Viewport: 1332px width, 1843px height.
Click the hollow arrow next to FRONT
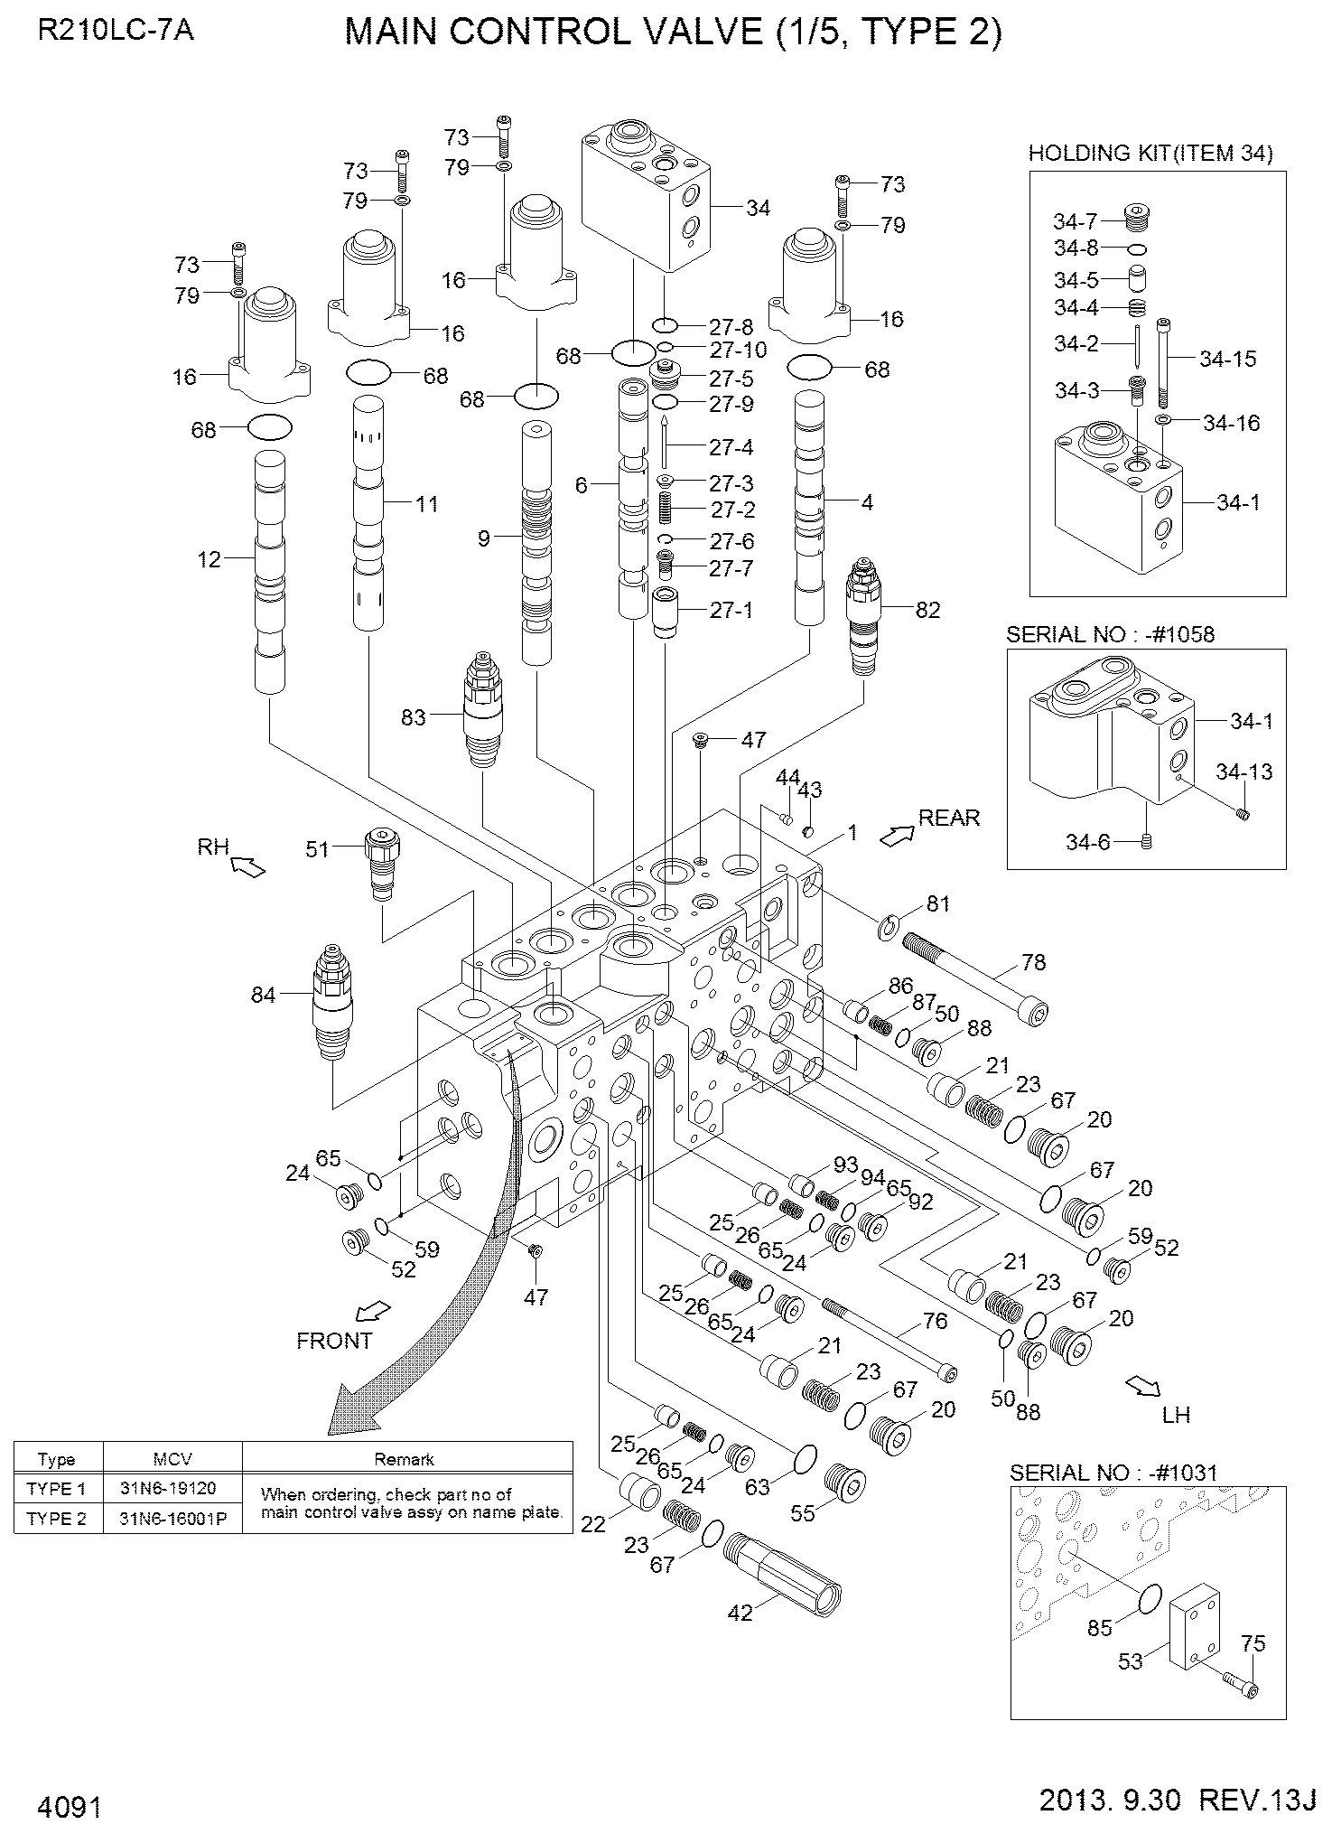click(371, 1309)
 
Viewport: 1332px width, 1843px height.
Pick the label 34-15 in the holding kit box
click(1227, 359)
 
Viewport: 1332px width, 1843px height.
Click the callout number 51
click(317, 848)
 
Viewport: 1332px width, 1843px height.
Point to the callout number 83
click(413, 717)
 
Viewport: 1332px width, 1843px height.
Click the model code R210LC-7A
click(116, 32)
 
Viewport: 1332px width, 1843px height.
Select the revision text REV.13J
click(1256, 1801)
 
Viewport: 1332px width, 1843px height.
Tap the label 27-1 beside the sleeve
click(731, 610)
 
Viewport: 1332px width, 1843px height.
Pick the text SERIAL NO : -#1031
click(1113, 1472)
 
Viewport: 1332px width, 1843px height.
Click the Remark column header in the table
click(405, 1459)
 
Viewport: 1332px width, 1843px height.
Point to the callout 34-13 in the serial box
click(1244, 772)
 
